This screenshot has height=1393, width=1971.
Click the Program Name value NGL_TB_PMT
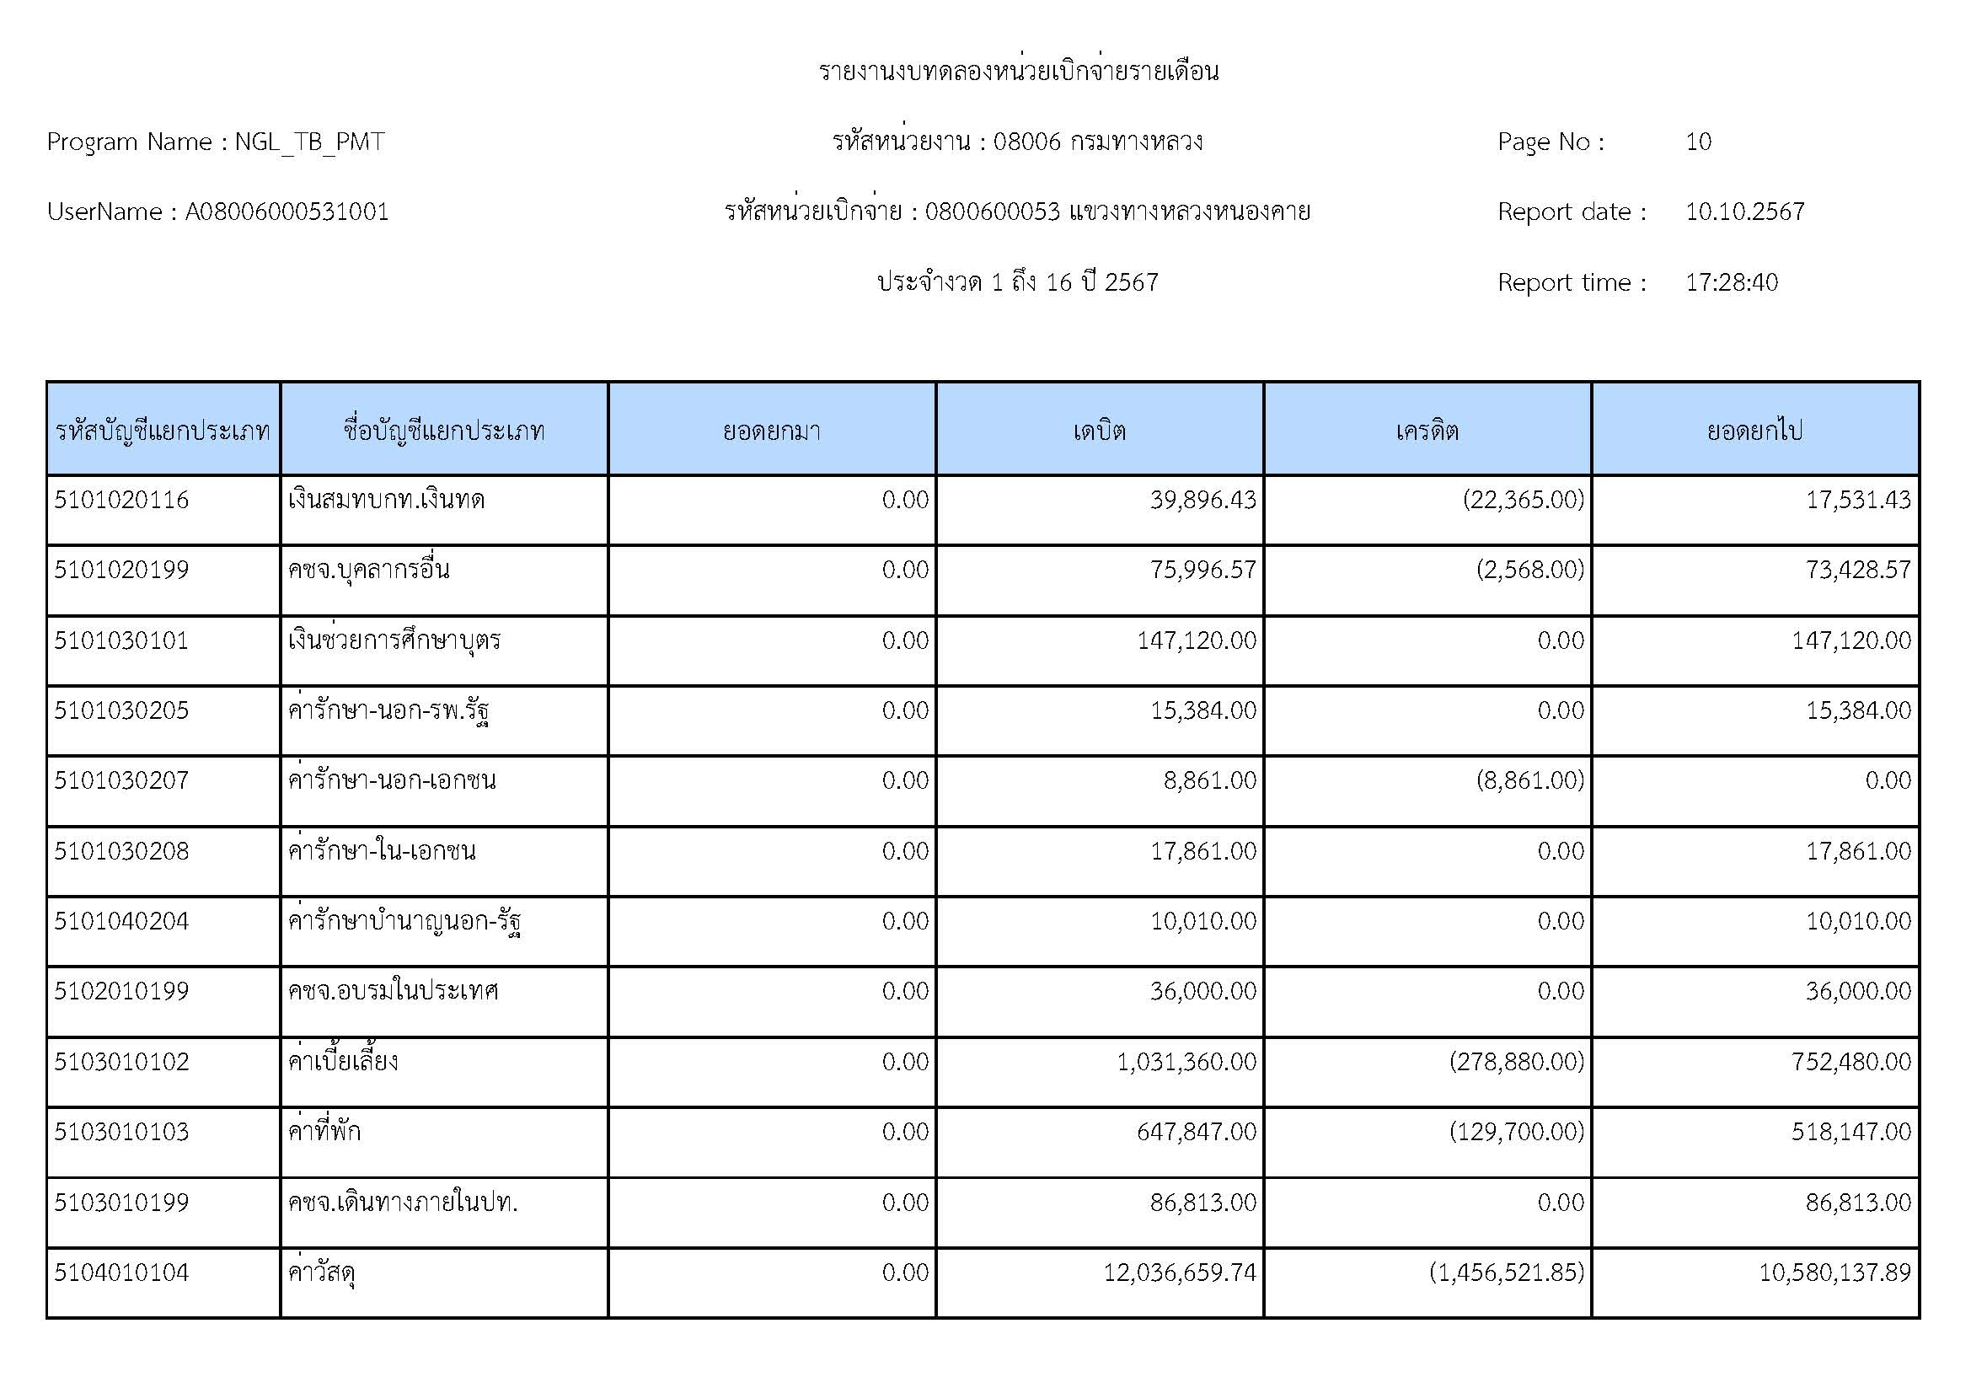[309, 142]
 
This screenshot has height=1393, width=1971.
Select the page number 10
[1698, 142]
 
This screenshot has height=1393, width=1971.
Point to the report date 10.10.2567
[1744, 212]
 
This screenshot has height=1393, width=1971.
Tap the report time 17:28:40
[1731, 282]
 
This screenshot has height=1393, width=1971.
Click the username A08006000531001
[287, 212]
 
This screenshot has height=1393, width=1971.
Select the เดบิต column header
[1099, 430]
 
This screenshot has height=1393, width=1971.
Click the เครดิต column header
[1427, 430]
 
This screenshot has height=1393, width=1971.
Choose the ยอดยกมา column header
[771, 430]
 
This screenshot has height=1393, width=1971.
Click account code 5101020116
[121, 500]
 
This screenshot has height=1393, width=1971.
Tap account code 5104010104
[121, 1272]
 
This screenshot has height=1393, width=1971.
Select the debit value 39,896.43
[1202, 500]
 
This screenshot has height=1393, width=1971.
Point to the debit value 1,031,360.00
[1186, 1062]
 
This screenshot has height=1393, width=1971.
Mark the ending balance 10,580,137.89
[1834, 1272]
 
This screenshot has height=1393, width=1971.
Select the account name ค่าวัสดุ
[322, 1272]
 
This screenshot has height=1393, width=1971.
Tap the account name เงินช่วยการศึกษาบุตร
[394, 640]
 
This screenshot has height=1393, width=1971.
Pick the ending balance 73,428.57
[1858, 570]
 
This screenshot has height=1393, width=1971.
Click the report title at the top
[1018, 72]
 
